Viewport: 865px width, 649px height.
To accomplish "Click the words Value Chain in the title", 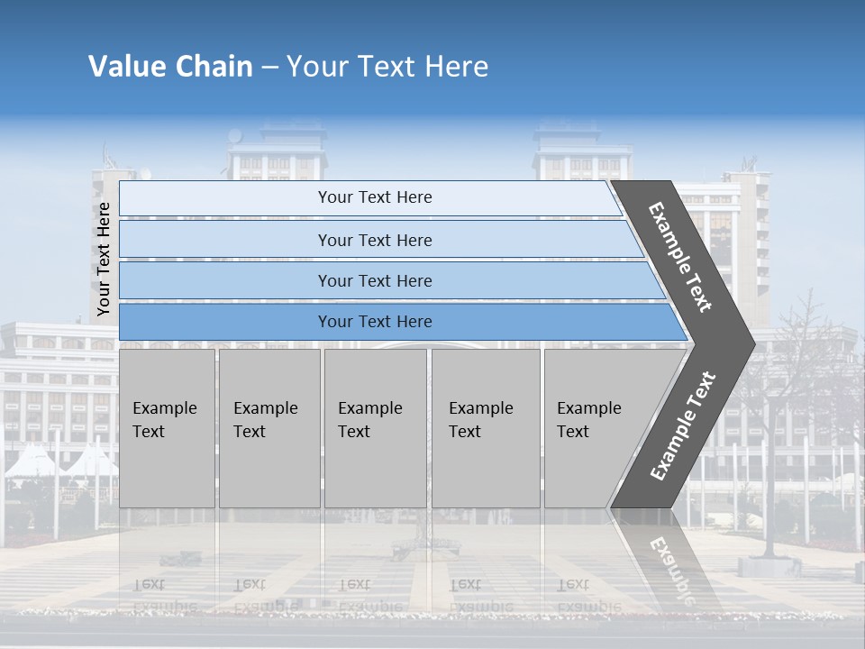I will (170, 67).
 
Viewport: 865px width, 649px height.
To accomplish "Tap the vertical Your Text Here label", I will (104, 260).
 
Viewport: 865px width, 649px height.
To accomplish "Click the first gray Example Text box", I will (167, 428).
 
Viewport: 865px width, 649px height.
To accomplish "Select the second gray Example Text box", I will (269, 428).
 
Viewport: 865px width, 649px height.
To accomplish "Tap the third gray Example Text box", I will (375, 428).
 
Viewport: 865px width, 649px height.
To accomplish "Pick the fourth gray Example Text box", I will (486, 428).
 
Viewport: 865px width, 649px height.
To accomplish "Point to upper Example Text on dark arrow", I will (680, 257).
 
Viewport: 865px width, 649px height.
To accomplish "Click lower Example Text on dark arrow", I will (683, 426).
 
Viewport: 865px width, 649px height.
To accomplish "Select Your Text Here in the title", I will (387, 67).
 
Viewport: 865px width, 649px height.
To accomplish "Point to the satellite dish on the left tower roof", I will (235, 136).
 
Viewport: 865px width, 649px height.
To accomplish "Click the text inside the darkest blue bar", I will (375, 322).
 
